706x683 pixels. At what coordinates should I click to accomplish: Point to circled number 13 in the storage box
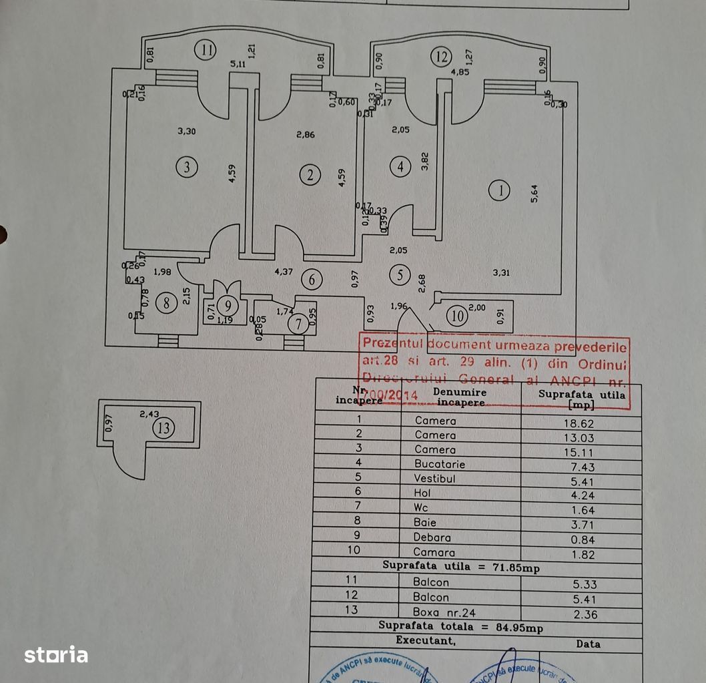(163, 428)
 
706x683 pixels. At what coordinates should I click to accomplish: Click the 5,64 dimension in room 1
(534, 194)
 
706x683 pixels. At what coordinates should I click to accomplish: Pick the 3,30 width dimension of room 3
(187, 132)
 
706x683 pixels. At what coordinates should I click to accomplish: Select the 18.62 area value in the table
(578, 423)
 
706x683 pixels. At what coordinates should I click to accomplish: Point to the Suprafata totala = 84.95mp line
(460, 626)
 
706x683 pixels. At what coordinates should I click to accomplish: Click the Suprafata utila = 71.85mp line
(460, 567)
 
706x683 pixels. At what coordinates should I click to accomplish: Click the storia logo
(56, 655)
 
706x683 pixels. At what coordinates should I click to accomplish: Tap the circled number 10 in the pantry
(457, 315)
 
